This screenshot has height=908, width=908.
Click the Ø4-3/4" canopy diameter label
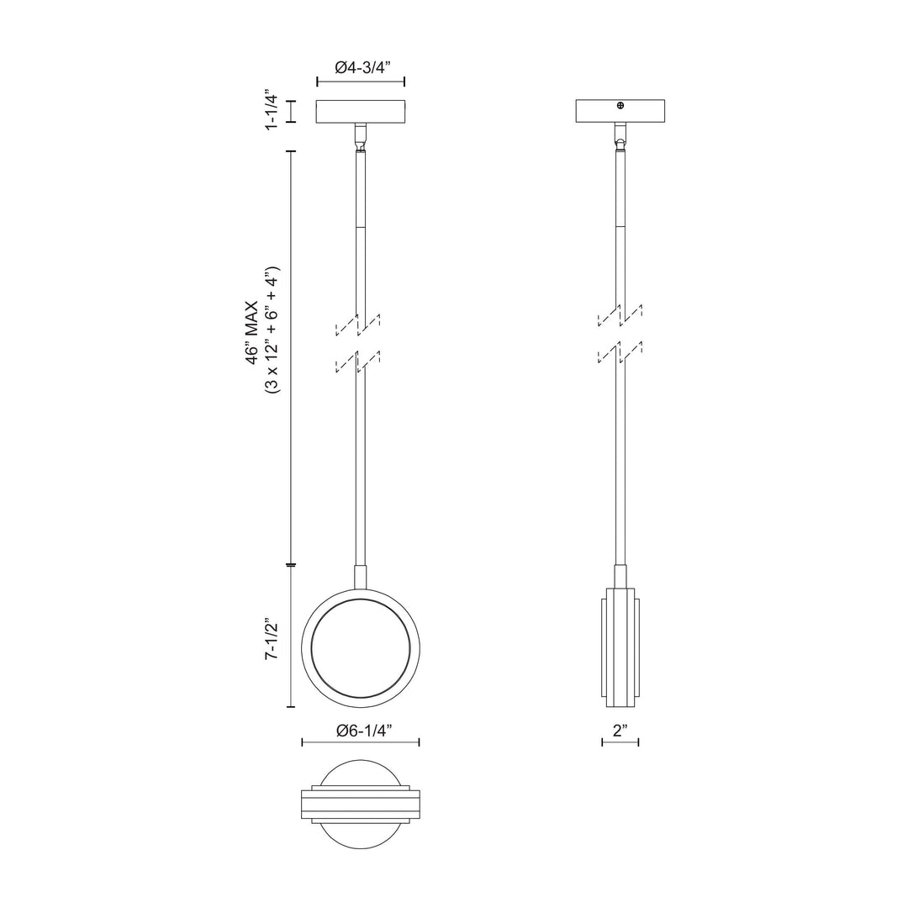(x=361, y=69)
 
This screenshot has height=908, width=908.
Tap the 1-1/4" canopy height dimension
(x=272, y=110)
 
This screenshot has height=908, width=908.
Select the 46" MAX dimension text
(x=253, y=332)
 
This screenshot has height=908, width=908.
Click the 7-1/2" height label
(x=272, y=641)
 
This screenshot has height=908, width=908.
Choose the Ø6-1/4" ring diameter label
(x=361, y=731)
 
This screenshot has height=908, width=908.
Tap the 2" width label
(x=621, y=731)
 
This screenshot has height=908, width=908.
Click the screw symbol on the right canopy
(x=620, y=105)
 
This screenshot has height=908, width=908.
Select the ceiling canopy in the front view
(x=361, y=111)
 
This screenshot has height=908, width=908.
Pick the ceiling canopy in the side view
(x=620, y=111)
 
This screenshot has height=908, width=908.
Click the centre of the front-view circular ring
(x=361, y=647)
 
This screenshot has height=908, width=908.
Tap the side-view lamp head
(x=620, y=647)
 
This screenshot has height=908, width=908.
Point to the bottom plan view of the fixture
(x=361, y=805)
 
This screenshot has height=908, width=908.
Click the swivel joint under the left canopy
(x=361, y=137)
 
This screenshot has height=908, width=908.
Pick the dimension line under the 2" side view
(x=620, y=742)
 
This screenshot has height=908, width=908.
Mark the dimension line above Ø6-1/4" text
(x=361, y=742)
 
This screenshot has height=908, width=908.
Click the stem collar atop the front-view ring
(x=361, y=578)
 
